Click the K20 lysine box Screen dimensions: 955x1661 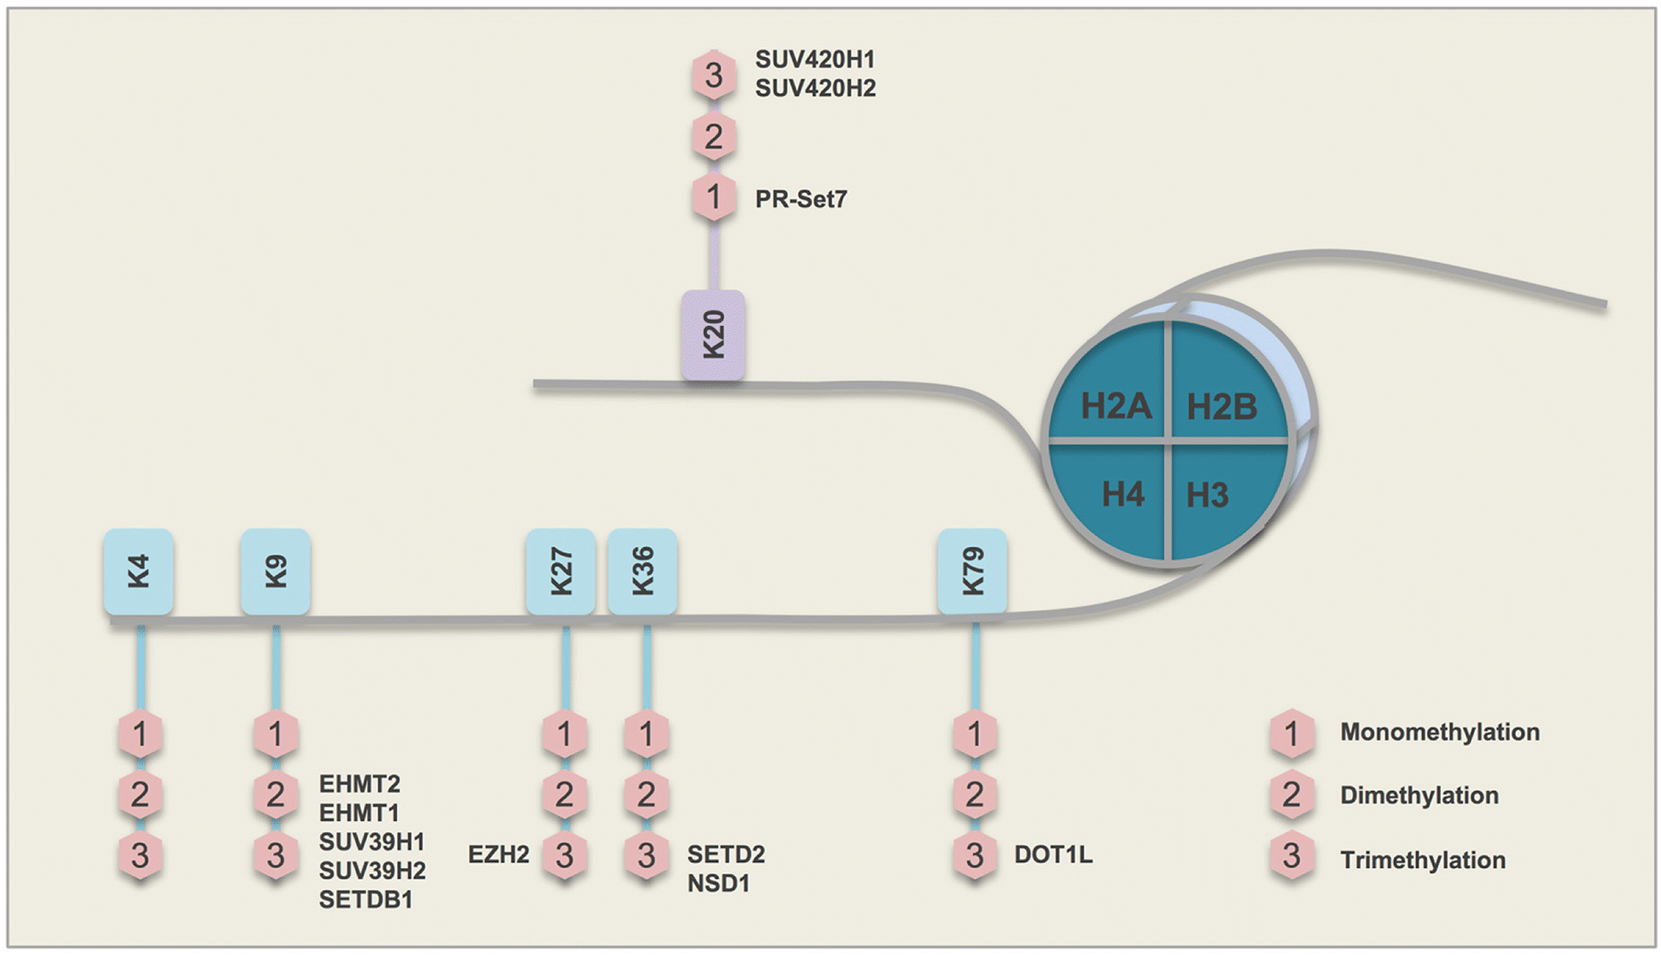point(713,335)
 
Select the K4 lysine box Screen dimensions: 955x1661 point(138,571)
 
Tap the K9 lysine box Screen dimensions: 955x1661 point(275,571)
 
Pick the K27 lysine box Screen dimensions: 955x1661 point(560,571)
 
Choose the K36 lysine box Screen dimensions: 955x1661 point(642,571)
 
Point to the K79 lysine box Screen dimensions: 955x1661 point(972,571)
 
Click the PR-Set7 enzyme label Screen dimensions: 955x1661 point(801,200)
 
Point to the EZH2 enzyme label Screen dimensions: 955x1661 point(498,854)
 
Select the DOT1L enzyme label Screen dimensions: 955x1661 point(1052,854)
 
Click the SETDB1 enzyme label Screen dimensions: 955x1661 point(365,900)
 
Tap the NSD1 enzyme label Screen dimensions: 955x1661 point(718,883)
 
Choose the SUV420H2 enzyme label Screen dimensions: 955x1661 point(815,88)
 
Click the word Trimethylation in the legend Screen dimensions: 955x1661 point(1422,859)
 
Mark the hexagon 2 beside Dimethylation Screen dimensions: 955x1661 point(1291,795)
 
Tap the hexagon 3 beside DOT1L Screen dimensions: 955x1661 point(975,855)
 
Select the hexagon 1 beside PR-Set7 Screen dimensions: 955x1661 point(714,198)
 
